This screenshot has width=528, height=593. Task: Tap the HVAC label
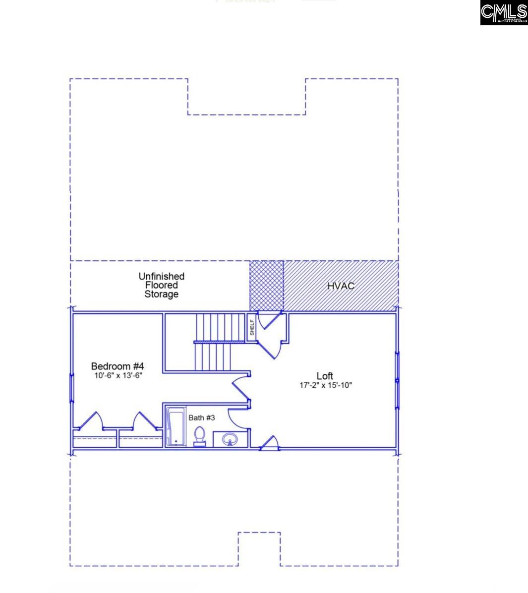(x=341, y=286)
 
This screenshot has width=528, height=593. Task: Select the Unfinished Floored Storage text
(x=161, y=285)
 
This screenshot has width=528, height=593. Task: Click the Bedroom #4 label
(x=117, y=366)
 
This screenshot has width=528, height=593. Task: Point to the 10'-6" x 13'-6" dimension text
(x=118, y=376)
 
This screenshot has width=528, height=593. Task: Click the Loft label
(x=325, y=376)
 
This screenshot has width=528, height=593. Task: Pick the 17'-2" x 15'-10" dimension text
(x=325, y=385)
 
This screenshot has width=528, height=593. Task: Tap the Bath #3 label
(x=201, y=418)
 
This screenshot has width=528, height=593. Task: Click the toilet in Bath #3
(x=199, y=436)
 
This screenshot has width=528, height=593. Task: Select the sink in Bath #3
(x=230, y=439)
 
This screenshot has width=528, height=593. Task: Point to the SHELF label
(x=252, y=327)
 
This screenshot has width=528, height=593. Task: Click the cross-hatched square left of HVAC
(x=266, y=285)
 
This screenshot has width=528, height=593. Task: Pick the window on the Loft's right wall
(x=397, y=380)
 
